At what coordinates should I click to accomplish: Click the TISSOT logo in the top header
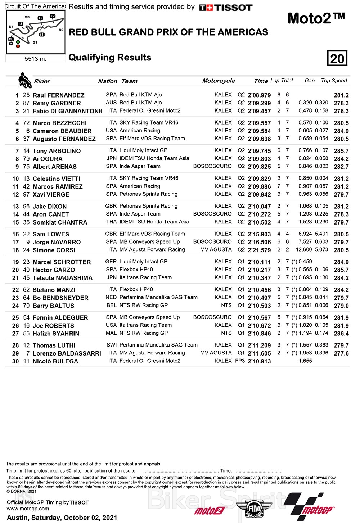pyautogui.click(x=226, y=8)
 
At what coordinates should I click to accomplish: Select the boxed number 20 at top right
pyautogui.click(x=337, y=58)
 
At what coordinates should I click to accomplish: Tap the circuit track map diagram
pyautogui.click(x=36, y=32)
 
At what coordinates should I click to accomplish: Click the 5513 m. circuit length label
pyautogui.click(x=35, y=59)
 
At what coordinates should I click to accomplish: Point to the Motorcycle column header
pyautogui.click(x=219, y=81)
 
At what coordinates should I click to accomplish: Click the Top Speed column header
pyautogui.click(x=334, y=81)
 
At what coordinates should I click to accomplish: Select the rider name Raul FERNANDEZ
pyautogui.click(x=58, y=95)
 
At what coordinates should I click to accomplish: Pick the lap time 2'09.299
pyautogui.click(x=259, y=103)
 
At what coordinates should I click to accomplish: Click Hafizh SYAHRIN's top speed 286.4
pyautogui.click(x=341, y=334)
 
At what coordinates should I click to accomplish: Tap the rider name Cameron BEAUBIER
pyautogui.click(x=62, y=131)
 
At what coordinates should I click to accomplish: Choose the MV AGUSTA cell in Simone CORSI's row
pyautogui.click(x=216, y=250)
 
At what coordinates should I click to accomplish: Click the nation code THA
pyautogui.click(x=111, y=222)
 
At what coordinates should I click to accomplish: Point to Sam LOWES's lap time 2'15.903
pyautogui.click(x=259, y=234)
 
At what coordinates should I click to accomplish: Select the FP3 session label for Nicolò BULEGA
pyautogui.click(x=240, y=361)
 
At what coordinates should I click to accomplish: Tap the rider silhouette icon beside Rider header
pyautogui.click(x=24, y=80)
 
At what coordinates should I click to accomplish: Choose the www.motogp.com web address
pyautogui.click(x=28, y=509)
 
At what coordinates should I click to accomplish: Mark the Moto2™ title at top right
pyautogui.click(x=316, y=18)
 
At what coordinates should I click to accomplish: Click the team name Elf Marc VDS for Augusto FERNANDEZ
pyautogui.click(x=152, y=139)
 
